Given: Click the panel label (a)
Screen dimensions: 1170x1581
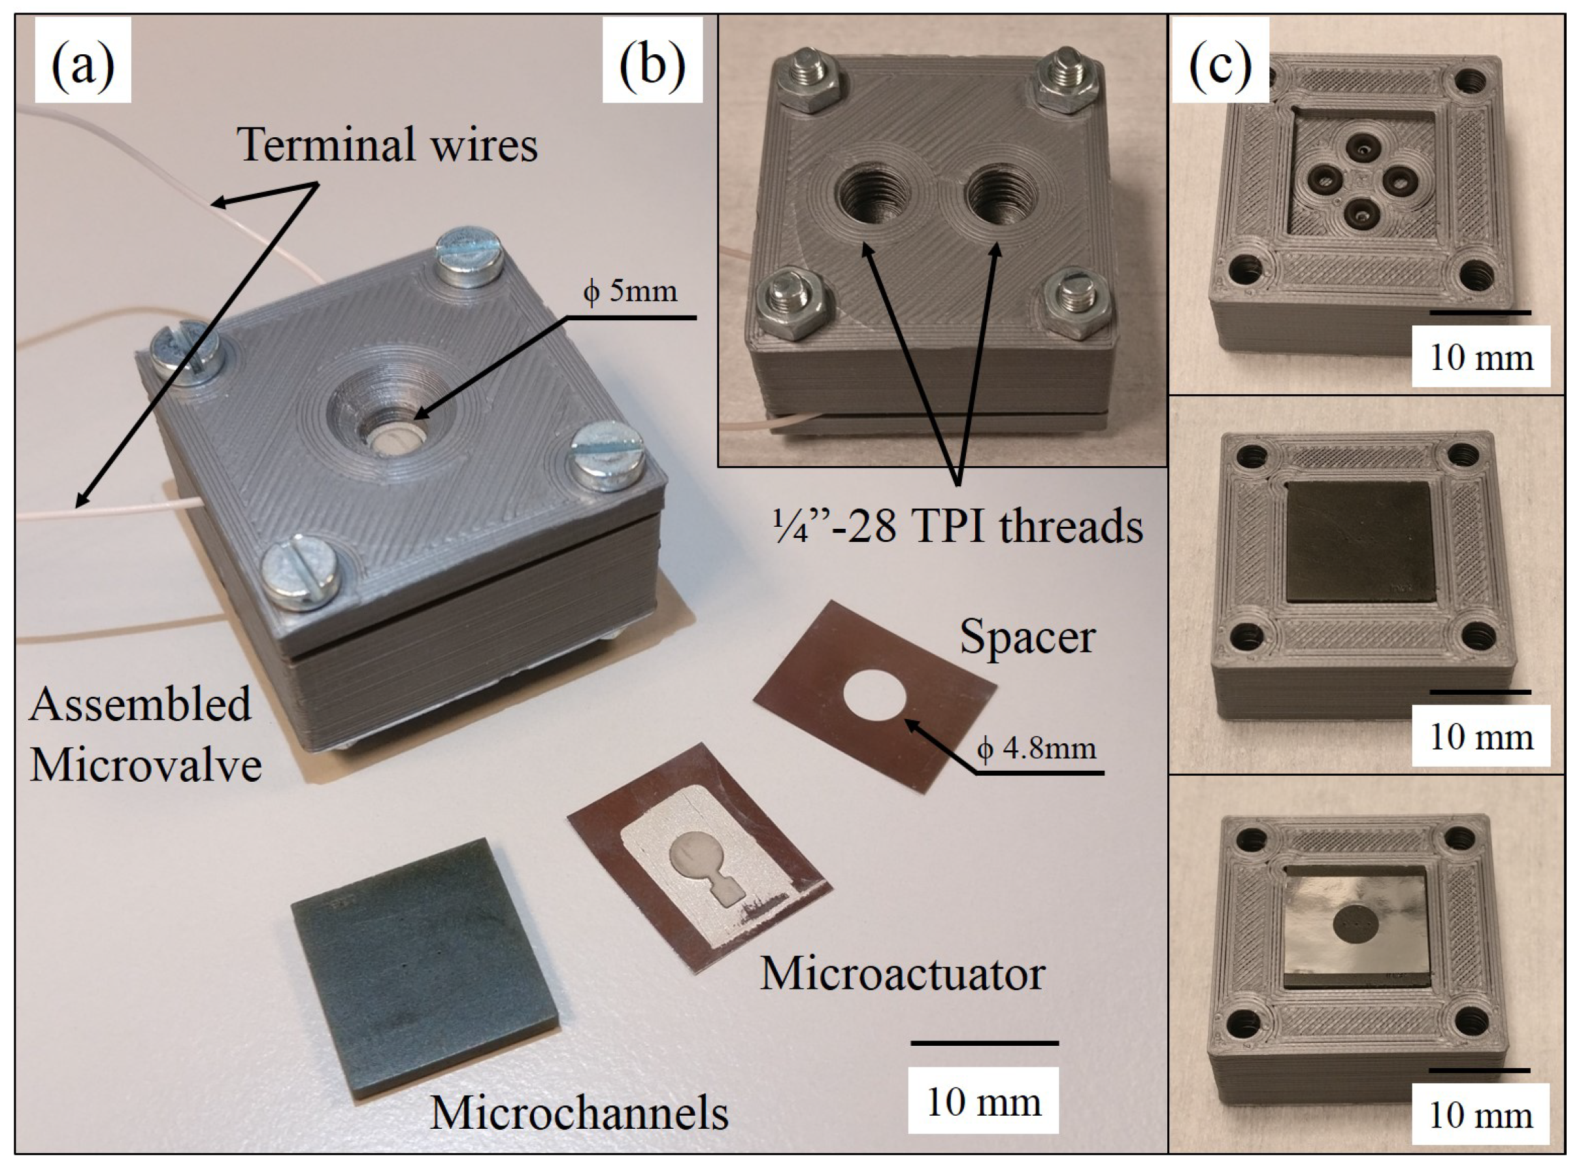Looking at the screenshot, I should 83,61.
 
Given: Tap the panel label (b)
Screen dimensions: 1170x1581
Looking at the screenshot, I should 652,61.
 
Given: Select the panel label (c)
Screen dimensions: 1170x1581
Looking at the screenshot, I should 1219,61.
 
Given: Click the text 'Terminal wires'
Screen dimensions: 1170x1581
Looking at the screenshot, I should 388,144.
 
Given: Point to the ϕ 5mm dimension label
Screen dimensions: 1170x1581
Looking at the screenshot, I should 629,290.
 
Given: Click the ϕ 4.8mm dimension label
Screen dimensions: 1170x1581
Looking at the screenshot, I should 1037,748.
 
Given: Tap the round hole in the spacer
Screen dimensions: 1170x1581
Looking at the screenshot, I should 876,697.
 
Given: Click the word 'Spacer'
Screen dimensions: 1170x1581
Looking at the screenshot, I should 1027,637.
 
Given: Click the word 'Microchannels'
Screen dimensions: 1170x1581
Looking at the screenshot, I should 579,1112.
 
